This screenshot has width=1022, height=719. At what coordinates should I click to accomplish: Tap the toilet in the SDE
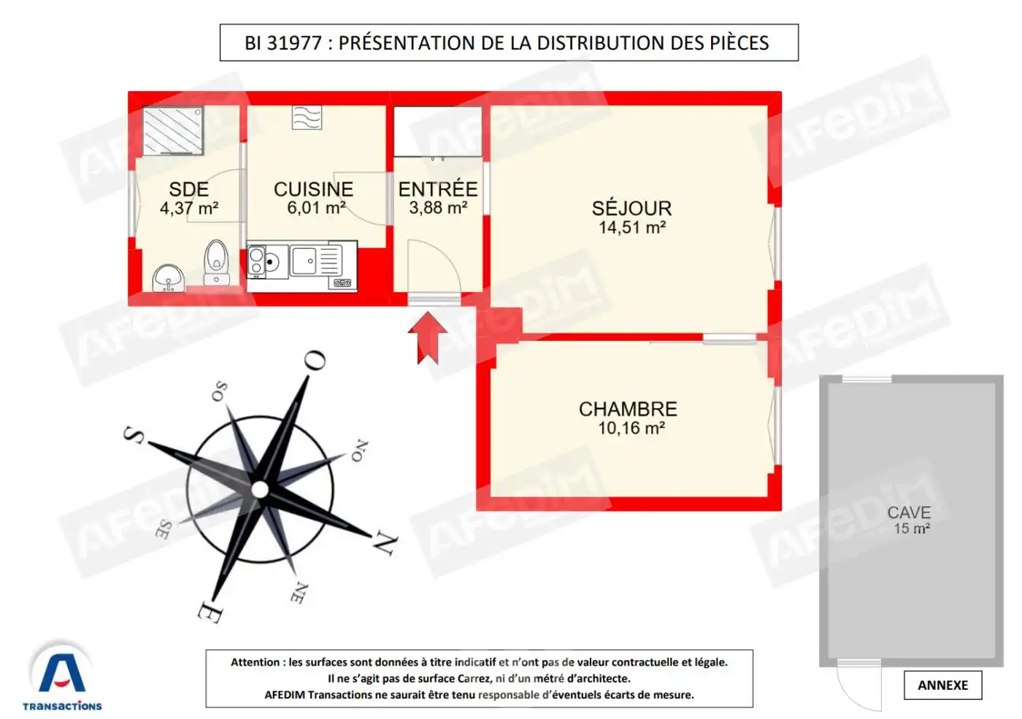(216, 262)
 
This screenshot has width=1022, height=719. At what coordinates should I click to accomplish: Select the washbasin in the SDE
(169, 278)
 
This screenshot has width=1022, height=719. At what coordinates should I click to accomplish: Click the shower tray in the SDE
(172, 131)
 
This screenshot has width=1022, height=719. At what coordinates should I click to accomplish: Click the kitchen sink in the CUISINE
(304, 261)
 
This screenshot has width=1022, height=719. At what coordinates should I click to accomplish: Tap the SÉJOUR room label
(631, 208)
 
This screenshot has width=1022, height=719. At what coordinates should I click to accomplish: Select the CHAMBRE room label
(628, 409)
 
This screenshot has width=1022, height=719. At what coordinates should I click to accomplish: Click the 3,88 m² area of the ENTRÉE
(438, 208)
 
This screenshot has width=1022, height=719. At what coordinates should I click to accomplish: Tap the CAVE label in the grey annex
(909, 512)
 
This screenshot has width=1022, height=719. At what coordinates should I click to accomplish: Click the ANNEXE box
(942, 685)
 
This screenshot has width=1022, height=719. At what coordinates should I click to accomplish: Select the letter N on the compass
(385, 544)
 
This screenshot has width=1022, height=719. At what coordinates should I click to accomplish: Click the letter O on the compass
(315, 360)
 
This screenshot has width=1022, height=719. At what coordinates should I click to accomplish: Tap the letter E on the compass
(210, 612)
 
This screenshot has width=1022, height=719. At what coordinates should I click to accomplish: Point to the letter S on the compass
(134, 436)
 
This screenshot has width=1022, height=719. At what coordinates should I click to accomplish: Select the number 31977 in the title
(294, 43)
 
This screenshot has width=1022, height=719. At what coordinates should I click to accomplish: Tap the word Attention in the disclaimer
(255, 662)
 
